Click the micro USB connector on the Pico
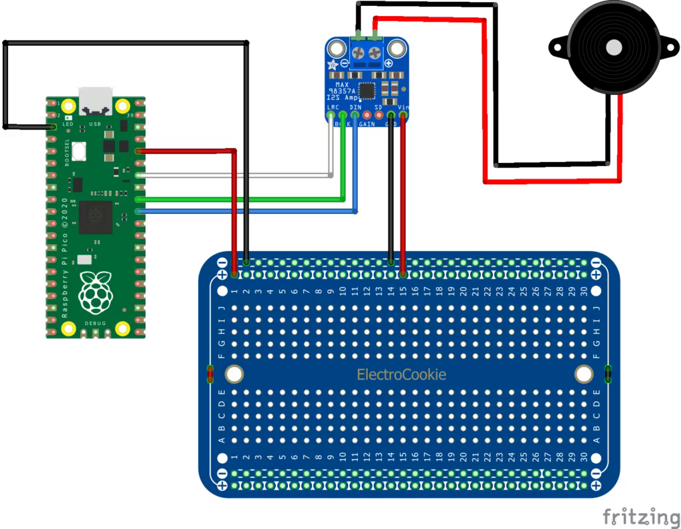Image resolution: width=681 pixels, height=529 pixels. coord(95,100)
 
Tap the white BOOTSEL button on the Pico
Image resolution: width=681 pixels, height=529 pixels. coord(79,151)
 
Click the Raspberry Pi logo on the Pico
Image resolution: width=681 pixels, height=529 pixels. coord(95,292)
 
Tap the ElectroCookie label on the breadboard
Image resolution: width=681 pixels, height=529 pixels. coord(402,375)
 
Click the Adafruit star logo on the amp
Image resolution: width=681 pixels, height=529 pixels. coord(333,65)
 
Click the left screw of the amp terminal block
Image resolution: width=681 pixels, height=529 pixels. coord(358,52)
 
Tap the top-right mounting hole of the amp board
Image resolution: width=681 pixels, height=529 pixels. coord(397,48)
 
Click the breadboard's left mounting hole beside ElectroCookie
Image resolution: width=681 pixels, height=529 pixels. coord(234,374)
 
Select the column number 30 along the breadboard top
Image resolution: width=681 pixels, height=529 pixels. coord(583,291)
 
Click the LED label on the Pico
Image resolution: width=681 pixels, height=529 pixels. coord(68,124)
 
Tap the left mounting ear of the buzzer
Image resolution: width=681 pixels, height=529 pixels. coord(555,47)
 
